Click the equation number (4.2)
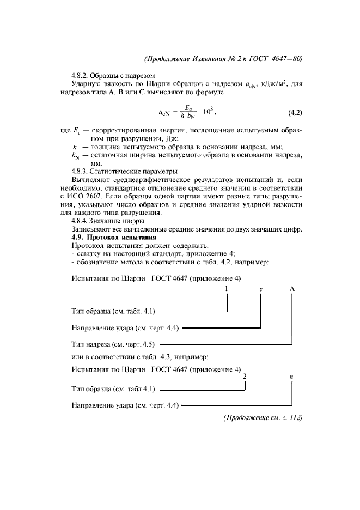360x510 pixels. tap(295, 113)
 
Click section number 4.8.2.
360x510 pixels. tap(81, 75)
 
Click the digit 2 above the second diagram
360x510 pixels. tap(245, 377)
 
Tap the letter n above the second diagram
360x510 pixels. tap(292, 377)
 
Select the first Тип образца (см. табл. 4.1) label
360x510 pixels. tap(114, 312)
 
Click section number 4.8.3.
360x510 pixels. tap(81, 171)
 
